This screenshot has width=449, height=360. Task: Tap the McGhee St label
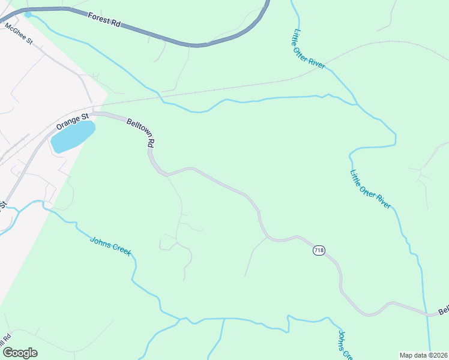pyautogui.click(x=18, y=34)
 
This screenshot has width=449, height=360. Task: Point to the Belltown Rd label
pyautogui.click(x=142, y=133)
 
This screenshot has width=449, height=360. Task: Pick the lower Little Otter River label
pyautogui.click(x=371, y=188)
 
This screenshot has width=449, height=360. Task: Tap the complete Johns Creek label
pyautogui.click(x=110, y=246)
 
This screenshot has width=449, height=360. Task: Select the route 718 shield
pyautogui.click(x=319, y=250)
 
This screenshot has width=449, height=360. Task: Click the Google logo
pyautogui.click(x=20, y=353)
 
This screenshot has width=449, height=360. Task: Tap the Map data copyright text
pyautogui.click(x=423, y=355)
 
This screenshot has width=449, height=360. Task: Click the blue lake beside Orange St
pyautogui.click(x=73, y=136)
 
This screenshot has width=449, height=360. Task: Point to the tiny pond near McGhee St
pyautogui.click(x=28, y=14)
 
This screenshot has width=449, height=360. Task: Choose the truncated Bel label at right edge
pyautogui.click(x=444, y=311)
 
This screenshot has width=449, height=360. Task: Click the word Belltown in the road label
pyautogui.click(x=139, y=129)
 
